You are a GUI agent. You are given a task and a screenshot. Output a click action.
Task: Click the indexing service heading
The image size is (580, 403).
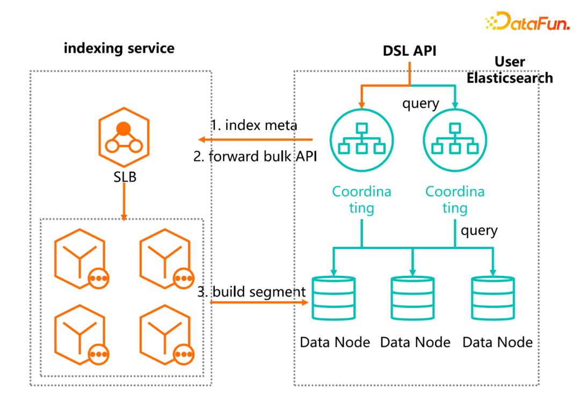119,48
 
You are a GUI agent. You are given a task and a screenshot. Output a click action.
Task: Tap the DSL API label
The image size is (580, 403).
410,51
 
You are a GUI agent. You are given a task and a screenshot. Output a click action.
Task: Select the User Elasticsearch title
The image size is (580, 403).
510,70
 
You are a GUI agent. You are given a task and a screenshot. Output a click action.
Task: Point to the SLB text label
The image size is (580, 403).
124,177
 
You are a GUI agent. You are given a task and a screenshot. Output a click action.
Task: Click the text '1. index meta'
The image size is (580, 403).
254,125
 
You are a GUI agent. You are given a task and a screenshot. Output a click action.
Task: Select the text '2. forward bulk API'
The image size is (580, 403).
255,157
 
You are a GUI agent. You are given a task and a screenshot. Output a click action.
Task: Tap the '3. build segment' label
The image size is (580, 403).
252,292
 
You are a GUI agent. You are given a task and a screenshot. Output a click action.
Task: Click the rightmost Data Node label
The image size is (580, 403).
498,342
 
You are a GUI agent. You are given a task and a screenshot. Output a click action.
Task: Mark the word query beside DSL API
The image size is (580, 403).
421,103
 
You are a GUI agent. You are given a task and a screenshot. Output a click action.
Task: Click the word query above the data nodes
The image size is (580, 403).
479,231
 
